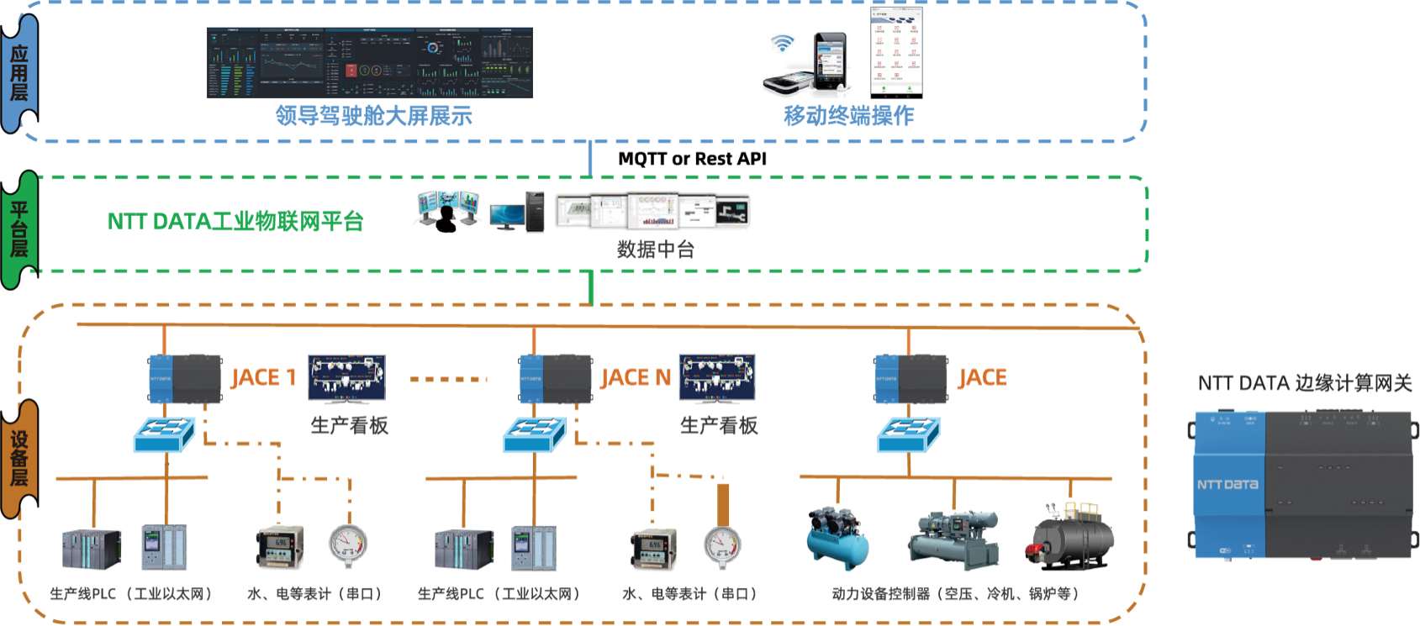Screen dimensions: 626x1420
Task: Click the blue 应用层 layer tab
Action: [18, 74]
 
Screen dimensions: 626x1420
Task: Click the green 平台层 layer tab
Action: [18, 229]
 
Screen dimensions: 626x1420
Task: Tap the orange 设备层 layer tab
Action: [18, 459]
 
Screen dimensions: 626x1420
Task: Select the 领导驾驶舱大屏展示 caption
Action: [374, 115]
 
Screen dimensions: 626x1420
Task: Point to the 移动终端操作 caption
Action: [848, 115]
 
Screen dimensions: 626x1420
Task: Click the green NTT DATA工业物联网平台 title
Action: [235, 221]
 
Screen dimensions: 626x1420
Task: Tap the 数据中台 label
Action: [655, 249]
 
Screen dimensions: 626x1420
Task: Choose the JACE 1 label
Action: [263, 378]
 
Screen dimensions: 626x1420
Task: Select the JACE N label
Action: [636, 378]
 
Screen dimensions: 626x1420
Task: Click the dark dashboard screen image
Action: [370, 63]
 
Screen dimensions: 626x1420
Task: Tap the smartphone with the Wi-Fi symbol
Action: [807, 65]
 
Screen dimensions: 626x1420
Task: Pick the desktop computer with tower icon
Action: [516, 212]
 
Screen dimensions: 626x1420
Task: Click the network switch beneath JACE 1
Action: [164, 435]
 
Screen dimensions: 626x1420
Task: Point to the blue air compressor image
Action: [838, 538]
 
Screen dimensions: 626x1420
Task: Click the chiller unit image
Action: [953, 540]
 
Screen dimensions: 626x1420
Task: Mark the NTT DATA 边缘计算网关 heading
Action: [1305, 384]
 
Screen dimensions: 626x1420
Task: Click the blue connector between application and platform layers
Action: [590, 158]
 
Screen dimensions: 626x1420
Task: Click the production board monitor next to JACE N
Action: [718, 378]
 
